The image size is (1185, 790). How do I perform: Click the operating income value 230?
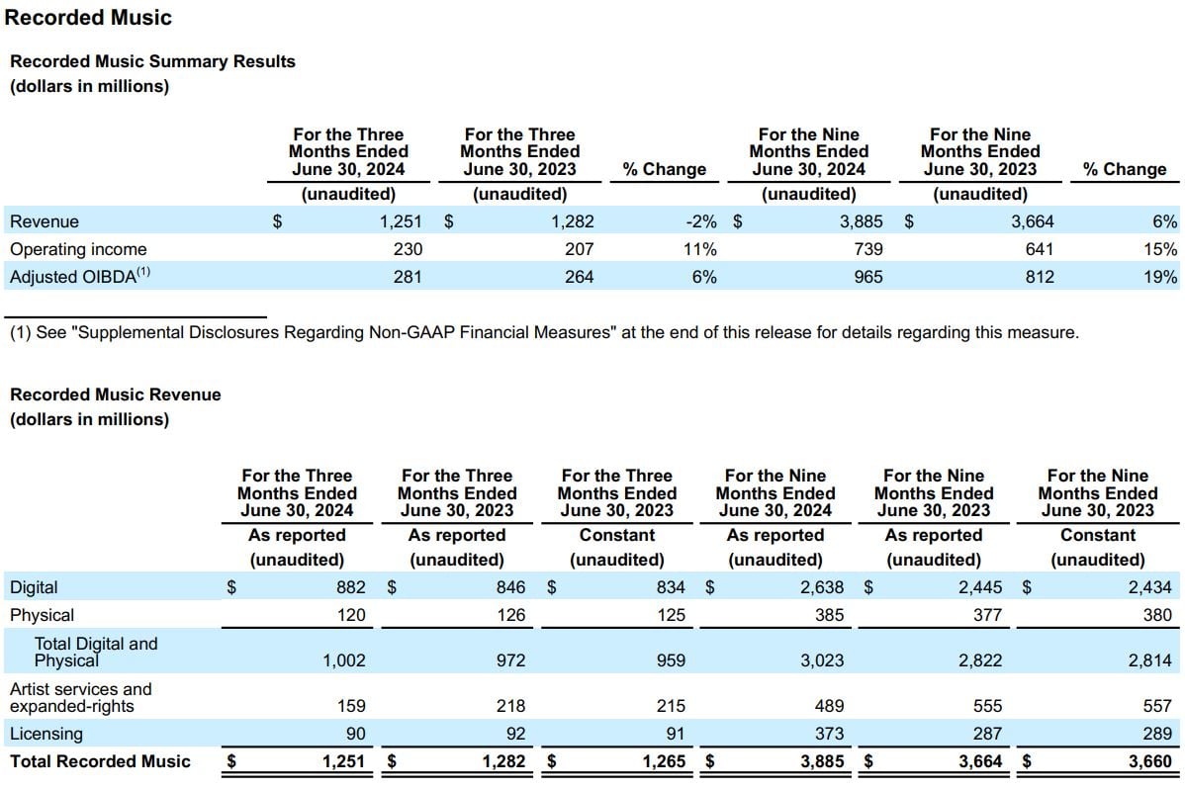pos(408,249)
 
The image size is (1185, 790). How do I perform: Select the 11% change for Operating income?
pos(699,249)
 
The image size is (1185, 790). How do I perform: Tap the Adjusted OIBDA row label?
pos(80,276)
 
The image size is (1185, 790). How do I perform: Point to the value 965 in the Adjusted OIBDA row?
pos(868,277)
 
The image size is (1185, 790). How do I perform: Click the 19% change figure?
pos(1160,277)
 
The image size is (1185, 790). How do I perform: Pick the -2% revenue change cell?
pos(700,221)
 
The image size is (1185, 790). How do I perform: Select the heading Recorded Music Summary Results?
pos(152,61)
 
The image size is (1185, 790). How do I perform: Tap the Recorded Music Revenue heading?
pos(116,395)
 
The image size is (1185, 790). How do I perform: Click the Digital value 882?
pos(351,587)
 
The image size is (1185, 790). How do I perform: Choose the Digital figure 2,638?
pos(822,587)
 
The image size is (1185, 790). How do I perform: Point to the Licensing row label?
pos(46,734)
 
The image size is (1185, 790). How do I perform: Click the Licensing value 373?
pos(829,734)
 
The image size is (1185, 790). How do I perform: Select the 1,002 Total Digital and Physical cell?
pos(344,660)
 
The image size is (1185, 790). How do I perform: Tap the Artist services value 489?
pos(829,705)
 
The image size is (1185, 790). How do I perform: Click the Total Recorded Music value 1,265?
pos(664,761)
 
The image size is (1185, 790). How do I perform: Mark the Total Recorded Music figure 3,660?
pos(1150,761)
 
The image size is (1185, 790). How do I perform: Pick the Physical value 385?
pos(829,615)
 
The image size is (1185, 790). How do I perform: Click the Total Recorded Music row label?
pos(100,761)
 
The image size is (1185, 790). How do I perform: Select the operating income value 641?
pos(1040,249)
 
